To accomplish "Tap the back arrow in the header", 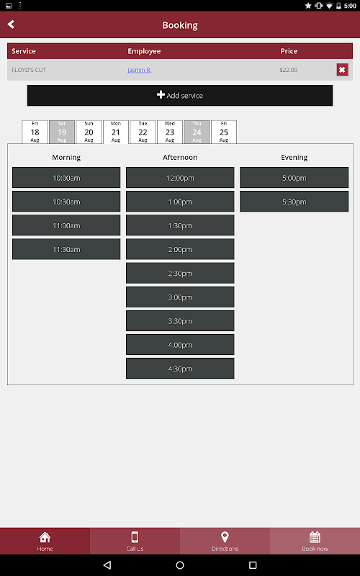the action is coord(11,24).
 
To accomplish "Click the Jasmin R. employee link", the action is coord(140,70).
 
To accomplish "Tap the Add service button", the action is coord(180,96).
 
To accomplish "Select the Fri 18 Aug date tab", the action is coord(35,132).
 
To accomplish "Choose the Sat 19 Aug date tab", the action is coord(62,132).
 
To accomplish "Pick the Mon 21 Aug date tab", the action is coord(116,132).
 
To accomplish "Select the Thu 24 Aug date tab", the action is coord(197,132).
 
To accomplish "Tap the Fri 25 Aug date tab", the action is coord(224,132).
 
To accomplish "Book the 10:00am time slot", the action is coord(66,178).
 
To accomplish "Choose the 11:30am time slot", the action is coord(66,249).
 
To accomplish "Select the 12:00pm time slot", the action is coord(180,178).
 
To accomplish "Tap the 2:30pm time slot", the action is coord(180,274).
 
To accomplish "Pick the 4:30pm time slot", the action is coord(180,369).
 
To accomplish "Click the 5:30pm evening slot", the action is coord(294,202).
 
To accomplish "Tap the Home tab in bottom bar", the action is coord(45,541).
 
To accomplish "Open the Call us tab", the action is coord(135,541).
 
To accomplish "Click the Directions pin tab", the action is coord(225,541).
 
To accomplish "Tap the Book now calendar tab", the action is coord(315,541).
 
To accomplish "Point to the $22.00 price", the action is coord(289,70).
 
